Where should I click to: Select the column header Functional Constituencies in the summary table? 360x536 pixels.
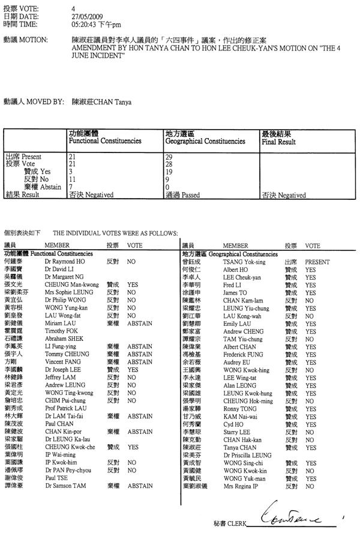[x=105, y=142]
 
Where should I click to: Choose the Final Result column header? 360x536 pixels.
[x=278, y=142]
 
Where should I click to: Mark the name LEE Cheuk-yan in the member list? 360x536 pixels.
[x=244, y=278]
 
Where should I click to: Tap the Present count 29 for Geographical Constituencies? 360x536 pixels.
[x=169, y=156]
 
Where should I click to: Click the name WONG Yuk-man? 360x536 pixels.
[x=244, y=478]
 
